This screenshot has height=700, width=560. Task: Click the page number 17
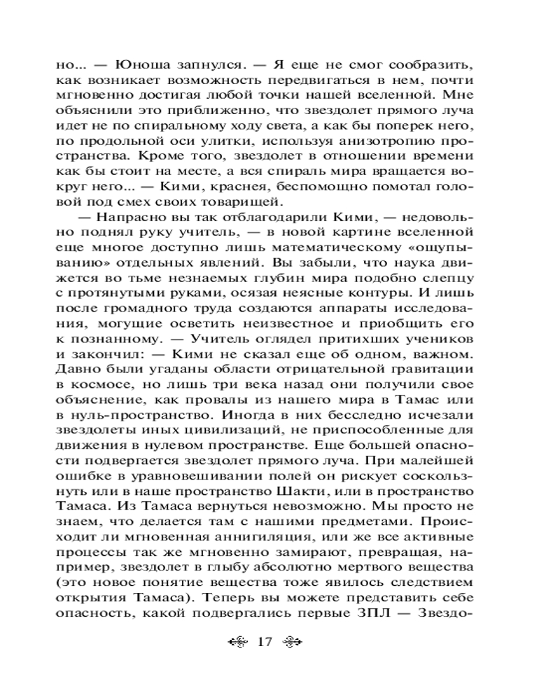coord(265,642)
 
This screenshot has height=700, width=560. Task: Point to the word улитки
coord(206,143)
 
